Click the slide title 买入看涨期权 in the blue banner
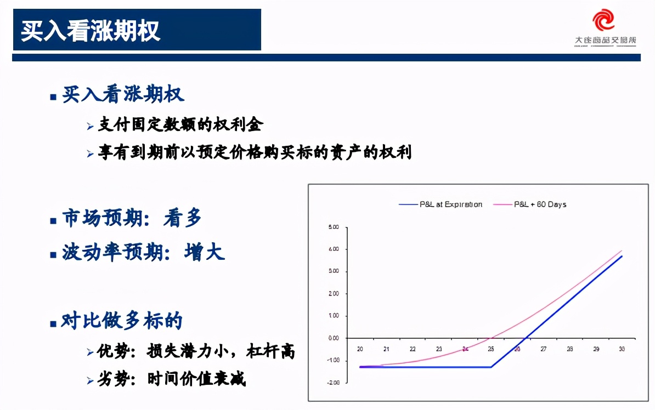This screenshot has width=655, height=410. (x=91, y=31)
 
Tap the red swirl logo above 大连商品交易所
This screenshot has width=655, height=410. (x=604, y=20)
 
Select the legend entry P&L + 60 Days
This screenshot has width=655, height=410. (x=540, y=204)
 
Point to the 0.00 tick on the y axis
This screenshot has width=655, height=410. (x=334, y=338)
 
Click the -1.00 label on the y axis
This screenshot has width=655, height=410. (x=334, y=360)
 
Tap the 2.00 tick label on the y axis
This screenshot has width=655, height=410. (x=334, y=294)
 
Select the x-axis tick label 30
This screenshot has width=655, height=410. (x=622, y=349)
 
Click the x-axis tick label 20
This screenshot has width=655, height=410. (x=360, y=349)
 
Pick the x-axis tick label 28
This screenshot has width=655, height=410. (x=569, y=349)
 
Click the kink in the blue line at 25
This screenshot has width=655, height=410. (x=491, y=367)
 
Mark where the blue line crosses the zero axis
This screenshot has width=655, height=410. (x=526, y=338)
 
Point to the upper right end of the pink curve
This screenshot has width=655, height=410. (x=622, y=251)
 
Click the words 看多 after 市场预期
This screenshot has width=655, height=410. (x=183, y=219)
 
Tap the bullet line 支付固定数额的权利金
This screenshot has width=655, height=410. (x=180, y=124)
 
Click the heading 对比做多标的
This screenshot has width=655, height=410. (x=122, y=321)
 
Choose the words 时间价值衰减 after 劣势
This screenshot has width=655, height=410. (x=196, y=378)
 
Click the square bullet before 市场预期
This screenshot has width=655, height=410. (x=53, y=221)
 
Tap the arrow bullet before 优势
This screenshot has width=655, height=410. (x=90, y=352)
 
